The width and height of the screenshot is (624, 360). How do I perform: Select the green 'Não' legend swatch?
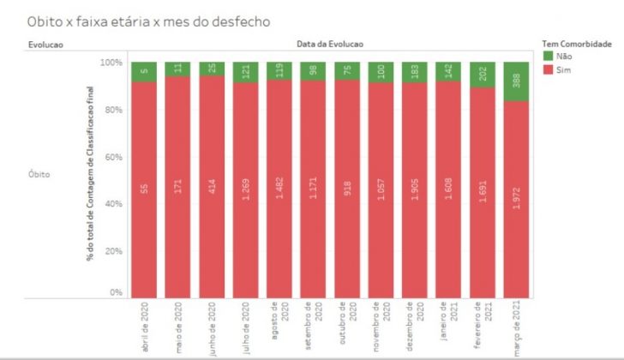point(548,56)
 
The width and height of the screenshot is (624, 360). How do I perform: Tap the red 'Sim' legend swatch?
point(548,69)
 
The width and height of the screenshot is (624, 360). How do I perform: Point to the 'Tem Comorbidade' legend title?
point(577,43)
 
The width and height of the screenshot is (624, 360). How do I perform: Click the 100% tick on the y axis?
point(112,63)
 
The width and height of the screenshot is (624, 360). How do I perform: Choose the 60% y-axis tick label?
point(114,158)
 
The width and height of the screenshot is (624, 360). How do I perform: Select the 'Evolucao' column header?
point(46,43)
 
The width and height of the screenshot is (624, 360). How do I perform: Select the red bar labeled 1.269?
point(246,189)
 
